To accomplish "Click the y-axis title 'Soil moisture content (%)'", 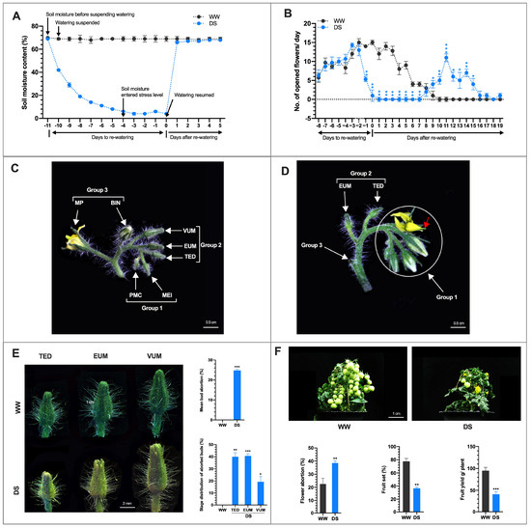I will tap(12, 74).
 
